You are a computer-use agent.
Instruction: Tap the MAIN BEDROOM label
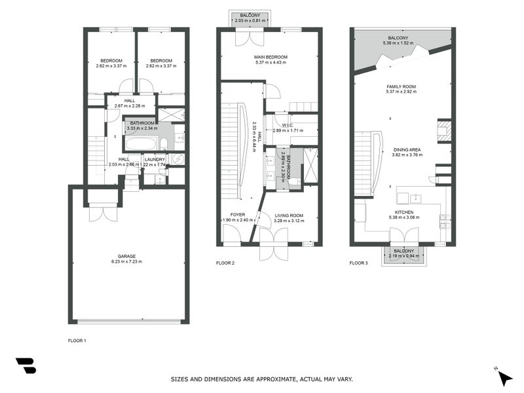pos(271,57)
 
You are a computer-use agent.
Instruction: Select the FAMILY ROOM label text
pos(401,86)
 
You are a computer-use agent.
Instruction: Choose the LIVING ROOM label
pos(288,215)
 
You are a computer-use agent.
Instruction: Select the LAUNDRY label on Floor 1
pos(155,159)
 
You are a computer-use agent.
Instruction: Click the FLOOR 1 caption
pos(77,341)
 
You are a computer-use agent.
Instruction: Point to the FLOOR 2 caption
pos(225,263)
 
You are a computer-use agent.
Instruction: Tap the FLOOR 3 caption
pos(358,263)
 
